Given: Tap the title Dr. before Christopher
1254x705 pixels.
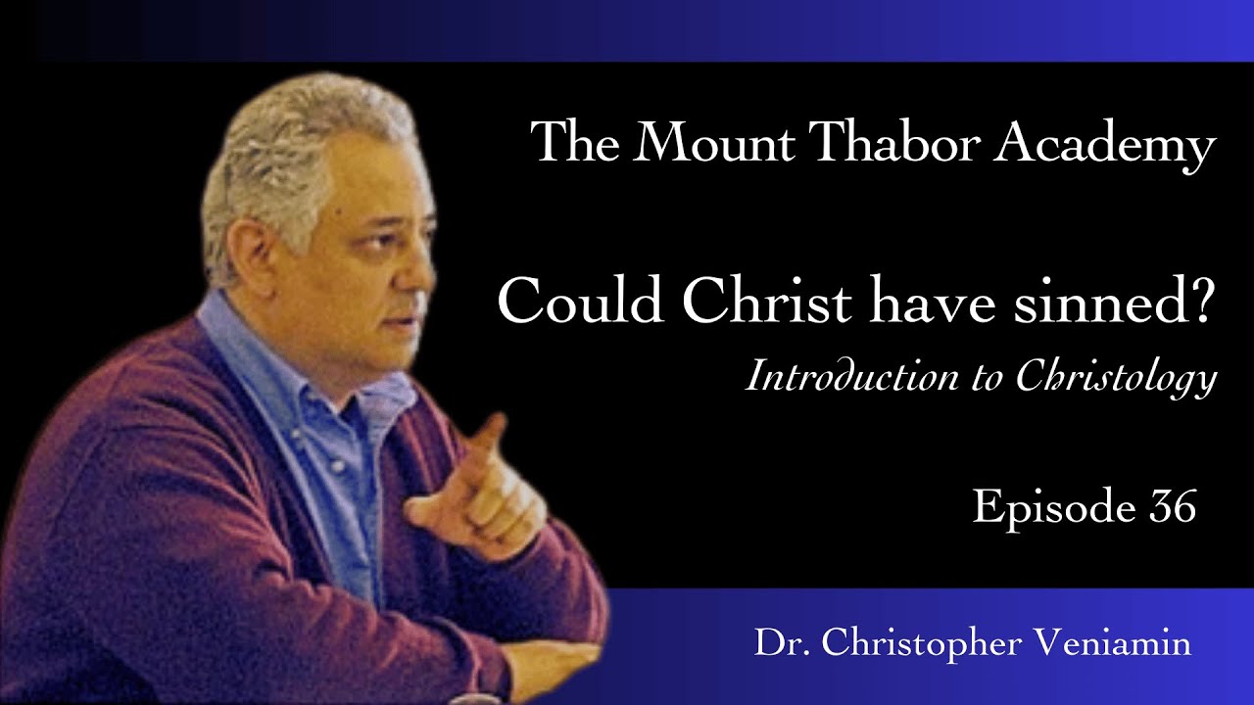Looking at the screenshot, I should point(775,644).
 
